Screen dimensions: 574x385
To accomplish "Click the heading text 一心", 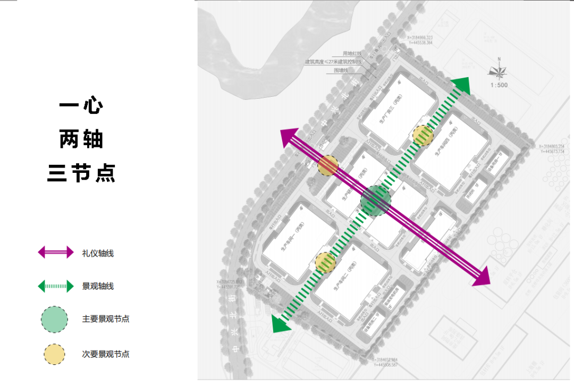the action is [x=81, y=105].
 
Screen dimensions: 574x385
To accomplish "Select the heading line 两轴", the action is [x=81, y=139].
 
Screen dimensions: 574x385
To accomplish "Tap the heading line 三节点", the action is [x=81, y=173].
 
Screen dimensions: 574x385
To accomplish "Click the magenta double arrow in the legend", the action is [x=56, y=253].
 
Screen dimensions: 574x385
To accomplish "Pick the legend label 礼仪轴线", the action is [x=98, y=254].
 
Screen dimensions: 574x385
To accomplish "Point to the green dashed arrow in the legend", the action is [x=56, y=287].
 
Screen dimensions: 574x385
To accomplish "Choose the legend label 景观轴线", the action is [x=98, y=287].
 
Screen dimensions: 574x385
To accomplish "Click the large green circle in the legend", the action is [x=54, y=319].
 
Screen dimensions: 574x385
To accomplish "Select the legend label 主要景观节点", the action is [x=106, y=320].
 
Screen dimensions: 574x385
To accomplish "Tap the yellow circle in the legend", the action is [x=54, y=354].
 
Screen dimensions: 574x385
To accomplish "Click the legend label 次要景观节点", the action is [x=106, y=354].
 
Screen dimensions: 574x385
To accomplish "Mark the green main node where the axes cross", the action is [x=376, y=200].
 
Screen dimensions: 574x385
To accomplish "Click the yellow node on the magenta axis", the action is [x=328, y=165].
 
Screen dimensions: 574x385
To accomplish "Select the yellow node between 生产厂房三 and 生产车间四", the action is [x=423, y=135].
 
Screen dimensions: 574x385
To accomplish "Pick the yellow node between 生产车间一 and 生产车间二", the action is [x=325, y=262].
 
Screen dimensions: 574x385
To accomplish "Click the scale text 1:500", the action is [x=499, y=85].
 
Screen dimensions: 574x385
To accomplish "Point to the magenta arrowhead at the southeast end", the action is [x=480, y=278].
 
